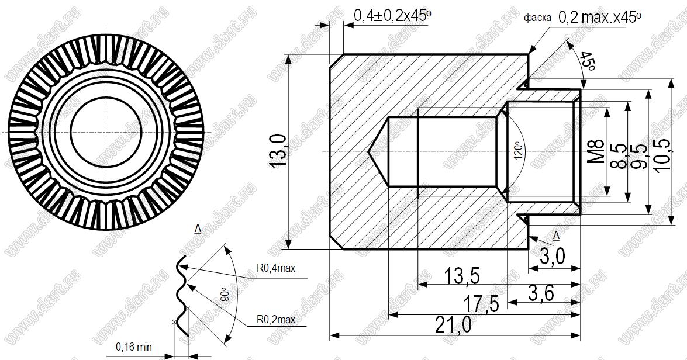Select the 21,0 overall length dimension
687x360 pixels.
(454, 326)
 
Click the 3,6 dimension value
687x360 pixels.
(541, 293)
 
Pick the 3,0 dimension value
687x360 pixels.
(553, 257)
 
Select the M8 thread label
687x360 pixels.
(596, 151)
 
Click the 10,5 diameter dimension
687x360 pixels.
(662, 155)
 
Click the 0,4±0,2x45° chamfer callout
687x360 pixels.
(392, 16)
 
